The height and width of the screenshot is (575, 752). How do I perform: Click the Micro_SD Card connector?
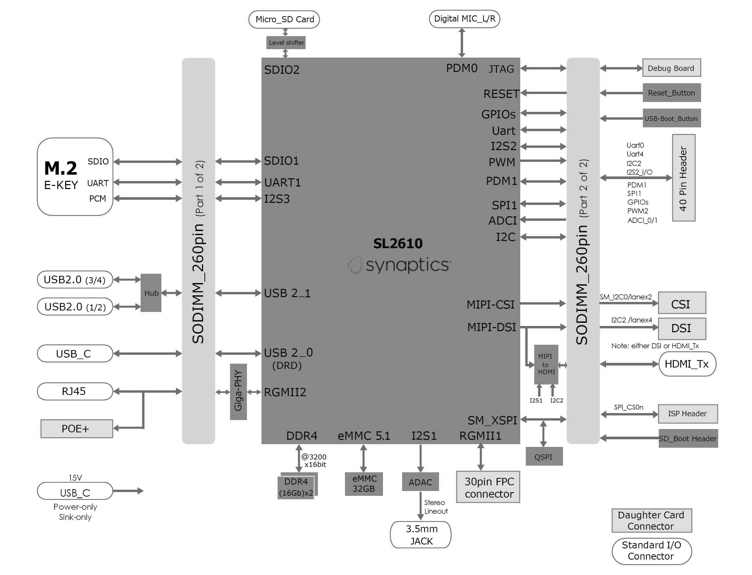tap(284, 19)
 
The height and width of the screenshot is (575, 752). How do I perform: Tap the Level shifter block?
tap(286, 43)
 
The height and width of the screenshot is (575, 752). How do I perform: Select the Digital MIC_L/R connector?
tap(464, 19)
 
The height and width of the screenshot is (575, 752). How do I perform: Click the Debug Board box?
tap(671, 68)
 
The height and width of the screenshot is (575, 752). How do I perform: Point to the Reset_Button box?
tap(671, 93)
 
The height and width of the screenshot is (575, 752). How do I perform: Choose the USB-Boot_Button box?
tap(671, 118)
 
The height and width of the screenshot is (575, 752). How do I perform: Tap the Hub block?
tap(151, 293)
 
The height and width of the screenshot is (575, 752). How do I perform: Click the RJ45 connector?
tap(75, 391)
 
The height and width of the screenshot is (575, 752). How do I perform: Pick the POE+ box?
tap(77, 428)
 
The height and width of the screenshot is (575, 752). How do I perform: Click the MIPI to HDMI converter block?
tap(546, 364)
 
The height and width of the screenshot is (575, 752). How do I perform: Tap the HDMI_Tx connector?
tap(687, 364)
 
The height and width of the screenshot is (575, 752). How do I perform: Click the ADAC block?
tap(420, 482)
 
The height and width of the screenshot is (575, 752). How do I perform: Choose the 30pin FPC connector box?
tap(488, 487)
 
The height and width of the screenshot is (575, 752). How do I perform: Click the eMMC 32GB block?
tap(363, 484)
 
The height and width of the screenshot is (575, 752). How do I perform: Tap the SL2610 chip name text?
tap(398, 244)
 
